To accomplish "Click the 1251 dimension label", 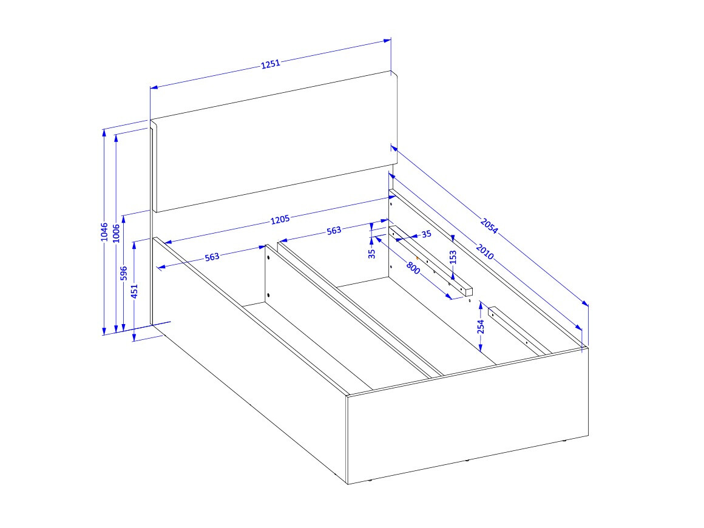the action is [270, 64].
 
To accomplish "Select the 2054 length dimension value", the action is [489, 225].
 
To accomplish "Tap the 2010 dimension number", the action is [484, 252].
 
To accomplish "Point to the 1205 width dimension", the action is [280, 220].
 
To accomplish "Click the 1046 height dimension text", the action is [104, 232].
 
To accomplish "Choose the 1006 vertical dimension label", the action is [117, 233].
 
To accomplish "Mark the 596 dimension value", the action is [124, 273].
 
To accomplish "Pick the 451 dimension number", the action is [134, 291].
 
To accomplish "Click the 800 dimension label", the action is [413, 268].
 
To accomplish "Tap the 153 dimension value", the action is [453, 257].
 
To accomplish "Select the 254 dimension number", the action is [481, 327].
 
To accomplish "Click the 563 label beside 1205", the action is [334, 231].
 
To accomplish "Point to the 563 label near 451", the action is [212, 257].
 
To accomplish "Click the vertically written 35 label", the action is [372, 254].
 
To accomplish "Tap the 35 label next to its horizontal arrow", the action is [427, 234].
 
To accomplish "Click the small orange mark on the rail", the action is [418, 258].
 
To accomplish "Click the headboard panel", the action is [274, 141].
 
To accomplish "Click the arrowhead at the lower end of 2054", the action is [585, 303].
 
